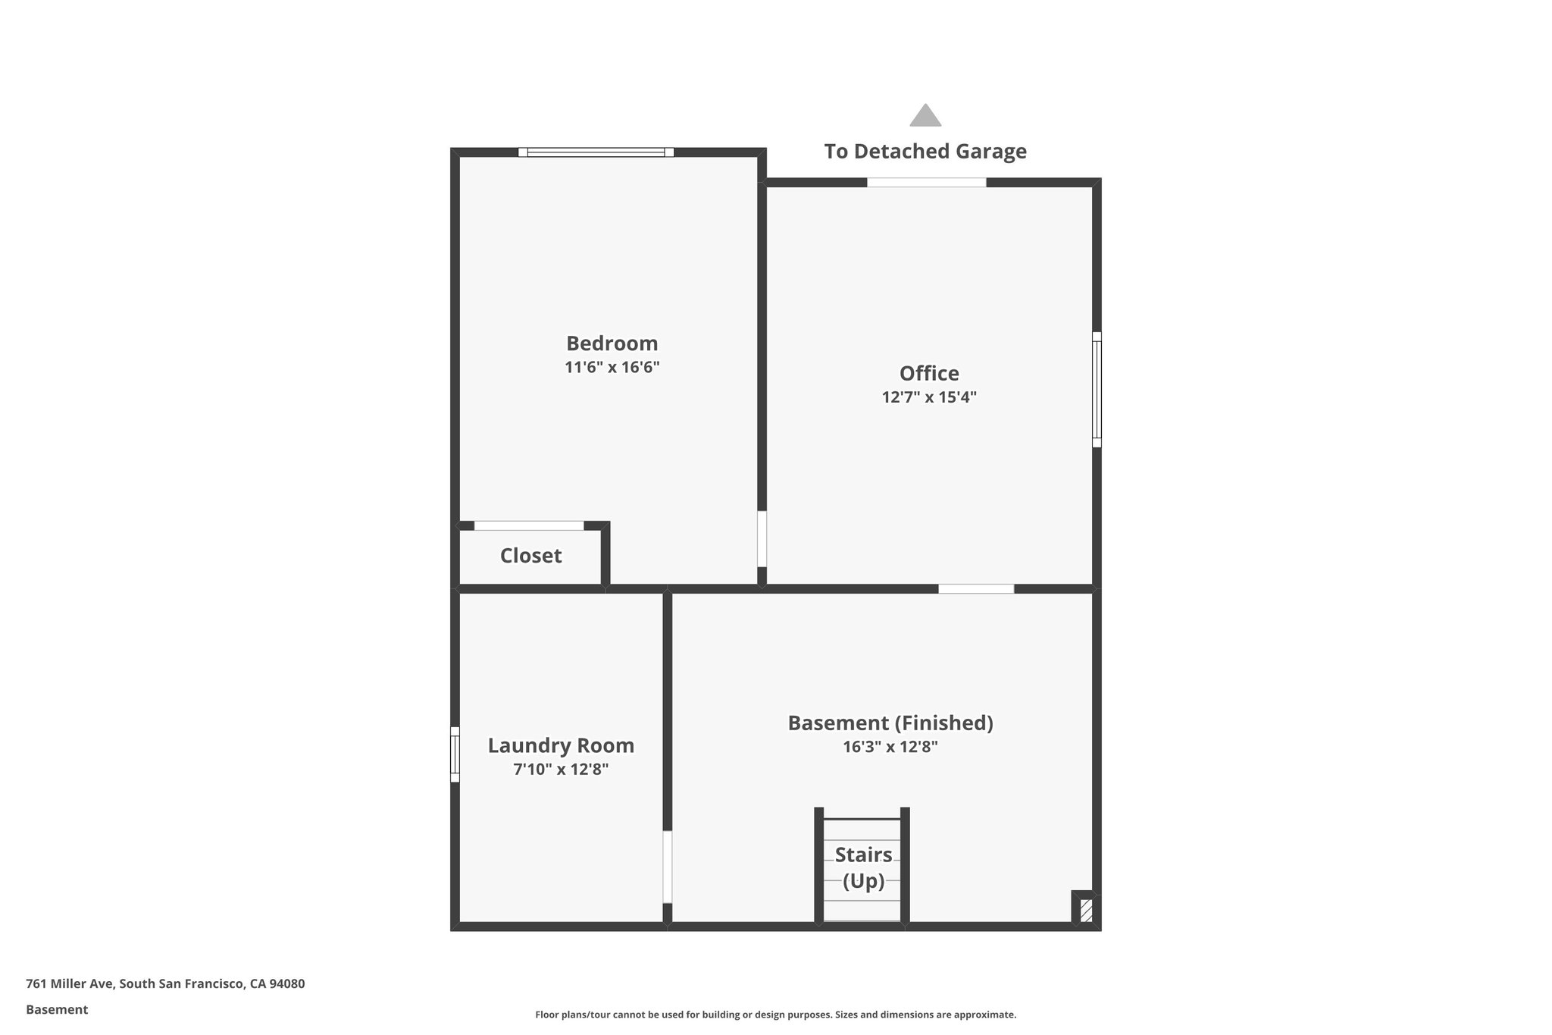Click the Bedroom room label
pyautogui.click(x=612, y=343)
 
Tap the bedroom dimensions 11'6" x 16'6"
pyautogui.click(x=612, y=368)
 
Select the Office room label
pyautogui.click(x=929, y=373)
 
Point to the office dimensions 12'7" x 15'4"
pyautogui.click(x=929, y=397)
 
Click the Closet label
pyautogui.click(x=530, y=556)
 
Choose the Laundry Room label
pyautogui.click(x=561, y=745)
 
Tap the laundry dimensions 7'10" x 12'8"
pyautogui.click(x=561, y=770)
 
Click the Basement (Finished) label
pyautogui.click(x=890, y=723)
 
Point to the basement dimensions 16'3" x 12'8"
pyautogui.click(x=890, y=747)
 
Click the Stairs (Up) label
pyautogui.click(x=863, y=867)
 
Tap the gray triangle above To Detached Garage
pyautogui.click(x=925, y=116)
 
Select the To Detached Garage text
pyautogui.click(x=925, y=152)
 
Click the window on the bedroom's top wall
pyautogui.click(x=596, y=152)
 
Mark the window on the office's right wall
pyautogui.click(x=1097, y=389)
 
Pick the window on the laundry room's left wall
pyautogui.click(x=455, y=754)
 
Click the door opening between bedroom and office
pyautogui.click(x=762, y=538)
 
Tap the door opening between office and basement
pyautogui.click(x=976, y=589)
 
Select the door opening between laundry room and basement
pyautogui.click(x=667, y=867)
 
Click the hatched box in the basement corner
pyautogui.click(x=1086, y=910)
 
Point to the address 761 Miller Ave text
pyautogui.click(x=165, y=984)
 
